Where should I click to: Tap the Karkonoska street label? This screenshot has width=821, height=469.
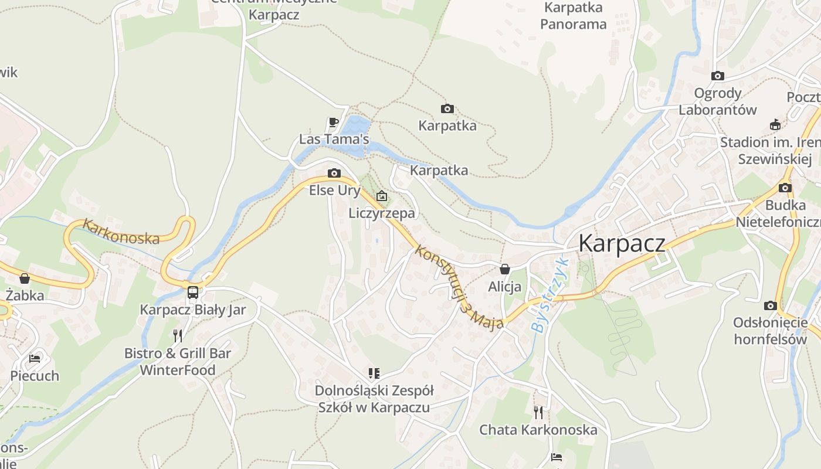(x=121, y=232)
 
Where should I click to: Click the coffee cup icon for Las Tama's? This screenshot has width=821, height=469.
(x=333, y=122)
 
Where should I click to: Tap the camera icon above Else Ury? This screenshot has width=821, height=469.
(x=334, y=173)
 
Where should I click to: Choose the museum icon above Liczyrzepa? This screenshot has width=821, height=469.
(x=382, y=195)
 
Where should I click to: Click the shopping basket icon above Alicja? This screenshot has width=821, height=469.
(x=504, y=269)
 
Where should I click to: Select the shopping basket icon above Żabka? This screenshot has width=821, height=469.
(x=25, y=278)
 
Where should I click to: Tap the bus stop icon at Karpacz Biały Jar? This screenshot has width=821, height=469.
(x=192, y=292)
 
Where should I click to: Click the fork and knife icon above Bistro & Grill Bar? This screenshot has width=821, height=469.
(x=178, y=335)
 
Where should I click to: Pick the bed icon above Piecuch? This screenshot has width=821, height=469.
(x=35, y=358)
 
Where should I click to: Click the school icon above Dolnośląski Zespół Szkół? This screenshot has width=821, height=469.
(x=374, y=373)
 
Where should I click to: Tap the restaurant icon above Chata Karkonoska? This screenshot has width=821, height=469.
(x=538, y=412)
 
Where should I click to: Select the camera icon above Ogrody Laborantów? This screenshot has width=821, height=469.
(x=717, y=76)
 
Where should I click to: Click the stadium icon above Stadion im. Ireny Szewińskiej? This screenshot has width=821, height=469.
(x=775, y=124)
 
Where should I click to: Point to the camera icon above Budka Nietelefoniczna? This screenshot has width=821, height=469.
(x=785, y=188)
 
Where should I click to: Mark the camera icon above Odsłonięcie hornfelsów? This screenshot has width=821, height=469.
(x=770, y=305)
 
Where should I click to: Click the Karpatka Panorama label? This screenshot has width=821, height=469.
(x=573, y=16)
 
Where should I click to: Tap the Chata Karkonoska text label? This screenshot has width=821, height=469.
(x=538, y=430)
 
